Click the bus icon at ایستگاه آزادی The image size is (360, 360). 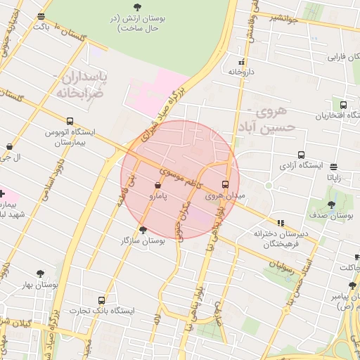click(302, 155)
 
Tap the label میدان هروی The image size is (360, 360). click(226, 196)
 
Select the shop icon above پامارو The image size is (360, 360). click(157, 186)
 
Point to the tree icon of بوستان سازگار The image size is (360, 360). click(143, 230)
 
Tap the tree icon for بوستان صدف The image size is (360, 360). click(331, 205)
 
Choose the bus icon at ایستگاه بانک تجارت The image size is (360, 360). click(103, 300)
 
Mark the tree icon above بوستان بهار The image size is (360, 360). click(39, 274)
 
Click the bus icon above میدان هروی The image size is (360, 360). click(226, 184)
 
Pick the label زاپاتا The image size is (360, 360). click(333, 178)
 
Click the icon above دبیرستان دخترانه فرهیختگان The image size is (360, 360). click(281, 222)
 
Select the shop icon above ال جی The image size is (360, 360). click(9, 147)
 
